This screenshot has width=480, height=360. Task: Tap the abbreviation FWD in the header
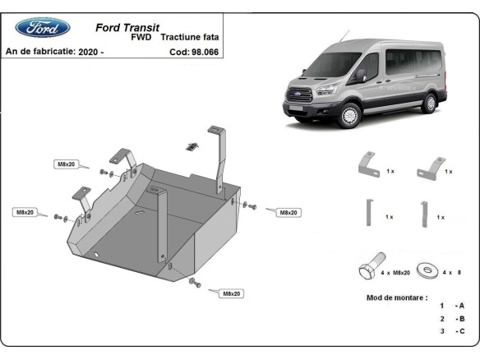(x=141, y=38)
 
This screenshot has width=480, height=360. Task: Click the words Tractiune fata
(x=190, y=38)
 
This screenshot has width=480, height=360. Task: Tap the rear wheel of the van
(x=428, y=104)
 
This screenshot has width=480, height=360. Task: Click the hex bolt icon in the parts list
(x=369, y=270)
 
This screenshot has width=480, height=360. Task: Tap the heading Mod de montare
(x=397, y=297)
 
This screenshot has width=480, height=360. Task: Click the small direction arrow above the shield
(x=191, y=145)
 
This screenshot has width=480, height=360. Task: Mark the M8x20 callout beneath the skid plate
(x=230, y=293)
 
